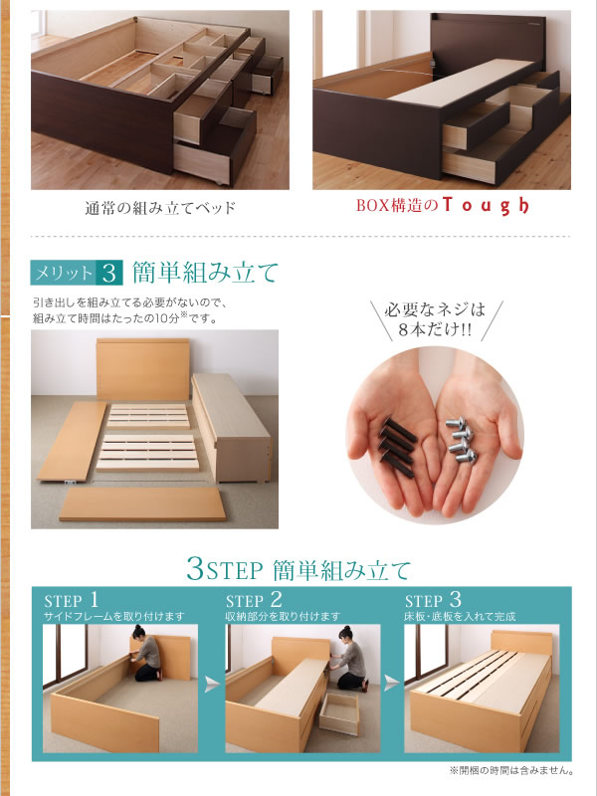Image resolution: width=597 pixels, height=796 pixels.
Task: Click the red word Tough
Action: (486, 205)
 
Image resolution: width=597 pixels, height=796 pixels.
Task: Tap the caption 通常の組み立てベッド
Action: (160, 208)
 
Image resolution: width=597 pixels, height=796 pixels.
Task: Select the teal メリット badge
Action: (63, 273)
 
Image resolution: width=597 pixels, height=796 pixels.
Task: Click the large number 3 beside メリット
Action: (109, 273)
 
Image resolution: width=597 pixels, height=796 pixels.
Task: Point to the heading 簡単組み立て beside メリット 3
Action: (206, 273)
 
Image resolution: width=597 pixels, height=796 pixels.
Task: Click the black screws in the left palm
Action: (398, 447)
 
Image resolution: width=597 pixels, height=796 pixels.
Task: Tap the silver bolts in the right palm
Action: (461, 439)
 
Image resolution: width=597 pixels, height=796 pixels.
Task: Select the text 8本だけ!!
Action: (435, 330)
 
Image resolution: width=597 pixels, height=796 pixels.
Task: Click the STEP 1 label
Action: (71, 600)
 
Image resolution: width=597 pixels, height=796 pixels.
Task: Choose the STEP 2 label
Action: (254, 600)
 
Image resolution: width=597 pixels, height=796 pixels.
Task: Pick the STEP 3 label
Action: (433, 600)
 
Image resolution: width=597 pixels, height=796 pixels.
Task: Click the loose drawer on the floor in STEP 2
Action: (338, 713)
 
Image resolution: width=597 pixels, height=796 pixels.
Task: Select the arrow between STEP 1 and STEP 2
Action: (212, 685)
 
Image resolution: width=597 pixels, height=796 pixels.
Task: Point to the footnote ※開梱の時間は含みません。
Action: (511, 771)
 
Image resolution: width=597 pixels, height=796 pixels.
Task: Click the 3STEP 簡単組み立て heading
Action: (298, 569)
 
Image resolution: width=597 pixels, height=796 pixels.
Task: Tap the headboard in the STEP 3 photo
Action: (521, 642)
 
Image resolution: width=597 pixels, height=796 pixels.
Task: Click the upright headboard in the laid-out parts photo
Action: (142, 369)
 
